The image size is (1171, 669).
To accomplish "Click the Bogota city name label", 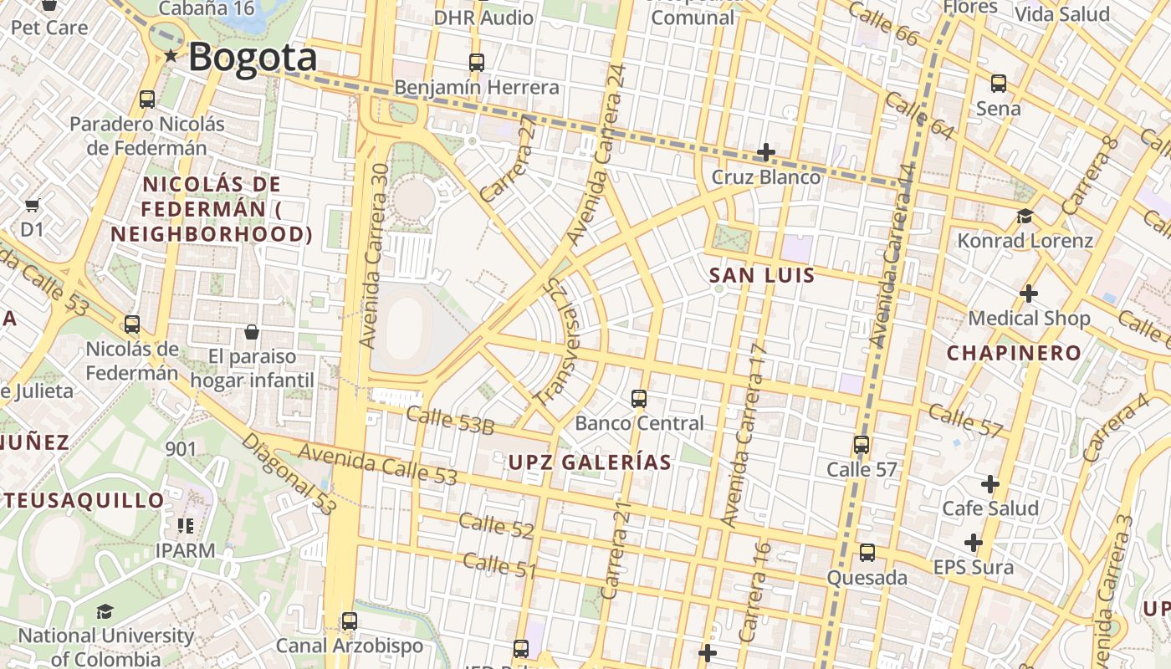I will click(252, 58).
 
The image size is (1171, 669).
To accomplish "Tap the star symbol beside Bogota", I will click(171, 56).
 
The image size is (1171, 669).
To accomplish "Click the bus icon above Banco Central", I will click(639, 398).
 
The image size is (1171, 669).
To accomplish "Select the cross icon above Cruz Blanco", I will click(765, 152).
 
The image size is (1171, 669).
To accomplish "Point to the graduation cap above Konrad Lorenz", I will click(1025, 217).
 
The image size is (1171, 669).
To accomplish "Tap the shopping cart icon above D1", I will click(32, 205).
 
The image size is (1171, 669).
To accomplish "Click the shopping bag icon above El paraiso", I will click(251, 332).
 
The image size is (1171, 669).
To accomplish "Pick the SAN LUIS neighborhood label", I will click(761, 275).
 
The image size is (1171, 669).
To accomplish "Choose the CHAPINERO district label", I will click(1014, 353).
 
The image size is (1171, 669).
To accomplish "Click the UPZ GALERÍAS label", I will click(590, 462).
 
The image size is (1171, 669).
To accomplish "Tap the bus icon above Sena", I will click(998, 84).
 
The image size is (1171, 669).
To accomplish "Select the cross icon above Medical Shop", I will click(1029, 294).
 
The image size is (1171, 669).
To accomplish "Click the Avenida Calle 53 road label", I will click(377, 464).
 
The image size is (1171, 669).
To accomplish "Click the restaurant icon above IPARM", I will click(185, 526).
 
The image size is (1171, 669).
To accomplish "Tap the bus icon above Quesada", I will click(867, 553).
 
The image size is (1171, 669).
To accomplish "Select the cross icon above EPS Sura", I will click(973, 543).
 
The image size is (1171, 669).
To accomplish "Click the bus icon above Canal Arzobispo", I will click(350, 621).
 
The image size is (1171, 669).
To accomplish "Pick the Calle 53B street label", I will click(450, 420).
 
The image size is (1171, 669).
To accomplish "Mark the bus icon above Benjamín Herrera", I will click(476, 62).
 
